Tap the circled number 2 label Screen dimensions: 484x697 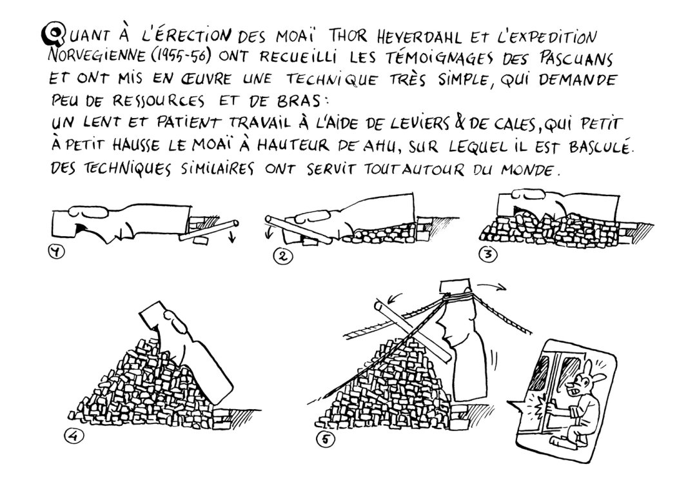[281, 256]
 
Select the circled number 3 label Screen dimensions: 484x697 [491, 255]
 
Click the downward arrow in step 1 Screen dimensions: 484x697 [233, 239]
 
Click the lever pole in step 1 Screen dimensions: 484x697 [210, 230]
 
